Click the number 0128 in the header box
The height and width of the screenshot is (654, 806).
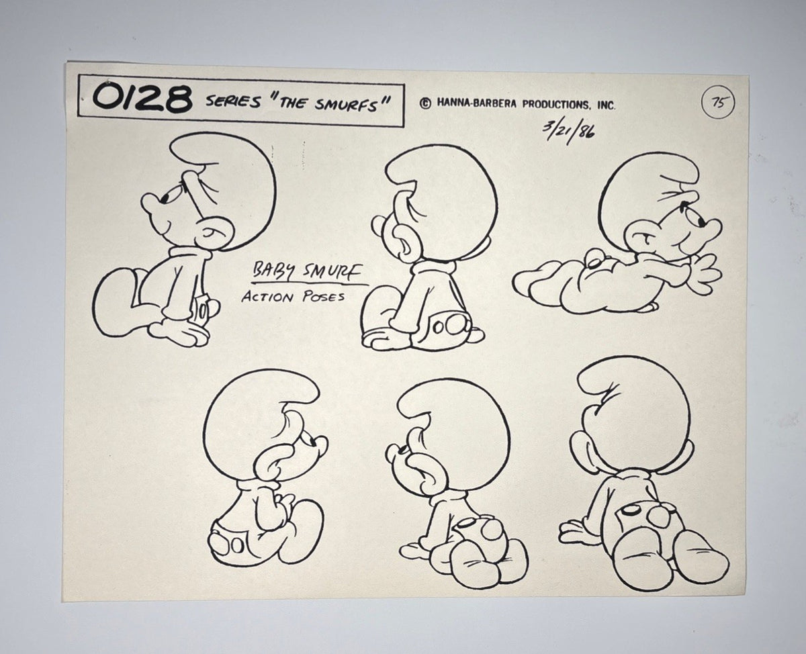[x=142, y=99]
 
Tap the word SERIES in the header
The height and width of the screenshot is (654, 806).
[x=234, y=101]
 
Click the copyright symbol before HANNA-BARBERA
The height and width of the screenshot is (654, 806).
[x=426, y=103]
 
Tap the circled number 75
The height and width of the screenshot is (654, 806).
[x=718, y=103]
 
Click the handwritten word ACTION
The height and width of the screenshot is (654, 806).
[x=267, y=297]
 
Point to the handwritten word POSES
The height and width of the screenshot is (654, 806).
[x=324, y=297]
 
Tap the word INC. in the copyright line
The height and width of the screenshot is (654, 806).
[x=607, y=105]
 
